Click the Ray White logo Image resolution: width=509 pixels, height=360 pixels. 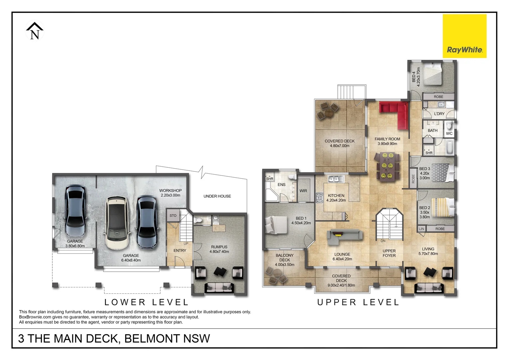[x=464, y=36]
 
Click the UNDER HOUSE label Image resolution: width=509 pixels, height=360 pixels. [x=217, y=196]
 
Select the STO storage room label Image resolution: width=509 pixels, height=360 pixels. [x=173, y=216]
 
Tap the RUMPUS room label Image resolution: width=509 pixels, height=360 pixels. [x=219, y=247]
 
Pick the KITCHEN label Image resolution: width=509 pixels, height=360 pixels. [x=336, y=196]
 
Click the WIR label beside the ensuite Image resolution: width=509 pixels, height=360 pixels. [x=303, y=191]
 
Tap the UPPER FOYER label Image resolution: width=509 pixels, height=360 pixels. [x=389, y=253]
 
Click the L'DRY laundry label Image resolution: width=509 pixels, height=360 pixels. [x=439, y=114]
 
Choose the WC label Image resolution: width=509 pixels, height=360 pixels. [x=449, y=133]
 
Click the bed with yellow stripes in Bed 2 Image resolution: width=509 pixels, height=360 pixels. [x=443, y=207]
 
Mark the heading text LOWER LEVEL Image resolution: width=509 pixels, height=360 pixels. [x=147, y=302]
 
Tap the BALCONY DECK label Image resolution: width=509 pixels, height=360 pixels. [x=284, y=258]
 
